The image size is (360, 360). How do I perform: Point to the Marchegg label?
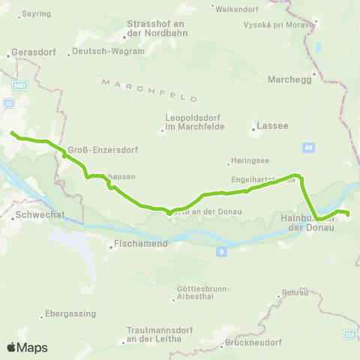[289, 78]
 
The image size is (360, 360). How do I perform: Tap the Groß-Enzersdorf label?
[96, 148]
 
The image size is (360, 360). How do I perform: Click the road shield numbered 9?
[221, 252]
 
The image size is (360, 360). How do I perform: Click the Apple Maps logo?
[27, 347]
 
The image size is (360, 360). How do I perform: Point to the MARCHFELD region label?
[150, 89]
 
